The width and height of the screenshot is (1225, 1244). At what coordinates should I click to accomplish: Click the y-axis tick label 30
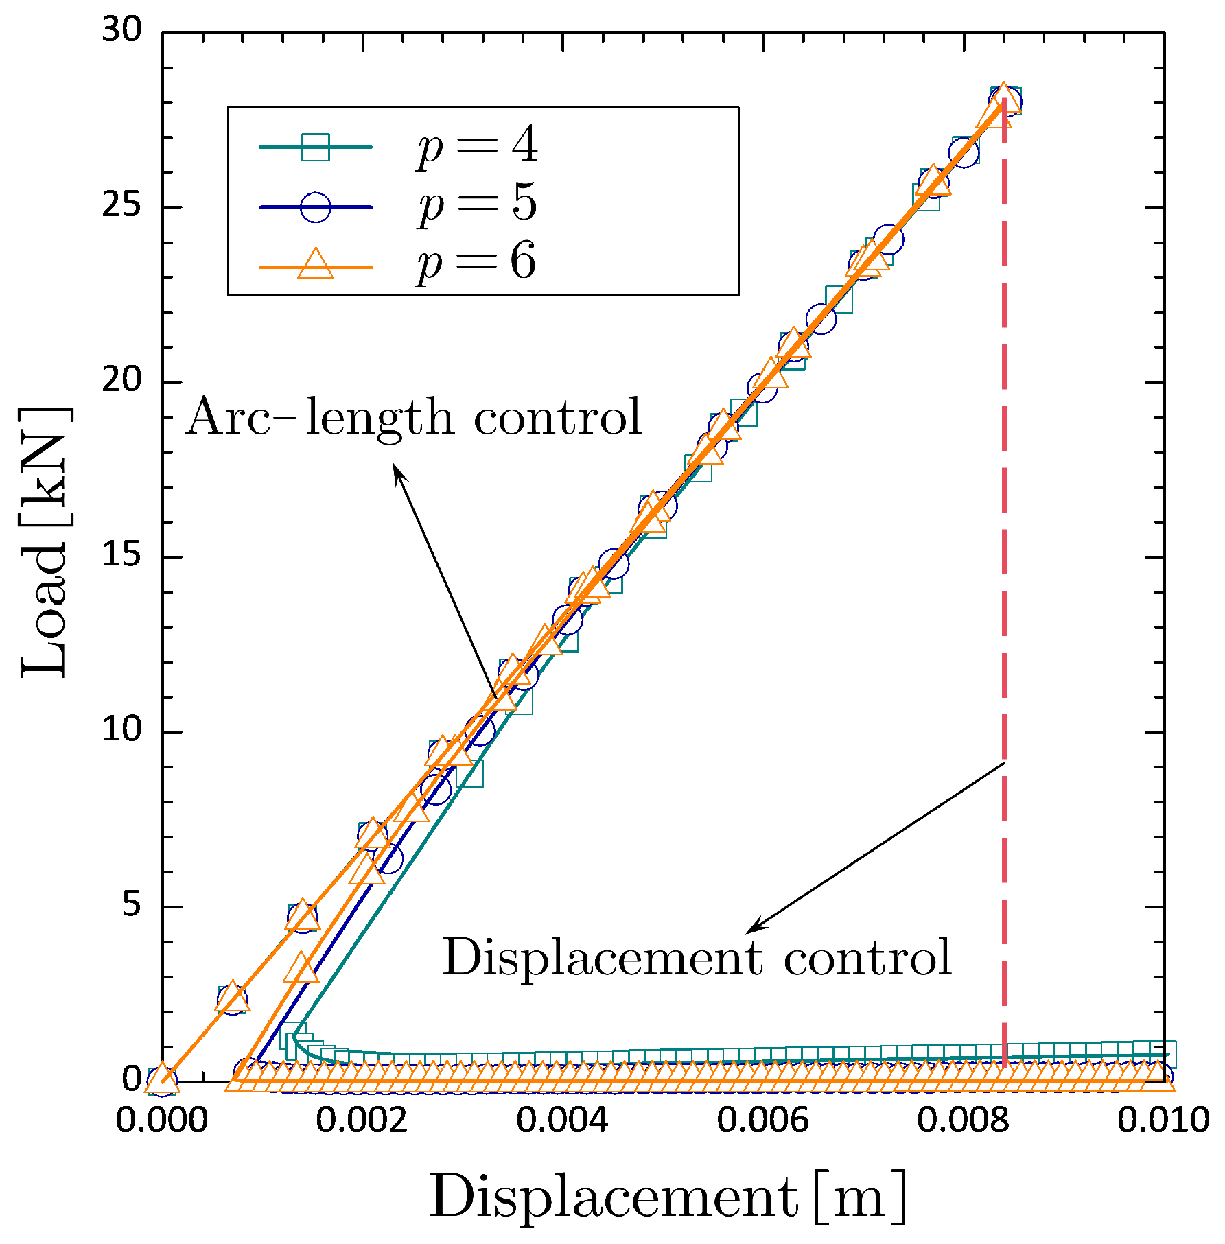121,31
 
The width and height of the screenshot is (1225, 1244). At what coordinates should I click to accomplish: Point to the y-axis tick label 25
121,206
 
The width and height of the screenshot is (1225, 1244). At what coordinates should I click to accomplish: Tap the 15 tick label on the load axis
121,556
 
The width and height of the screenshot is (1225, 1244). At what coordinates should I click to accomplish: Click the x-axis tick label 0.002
362,1121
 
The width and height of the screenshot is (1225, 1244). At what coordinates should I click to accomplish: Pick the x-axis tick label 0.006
762,1121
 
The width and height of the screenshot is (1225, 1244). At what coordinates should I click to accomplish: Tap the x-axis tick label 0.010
1163,1121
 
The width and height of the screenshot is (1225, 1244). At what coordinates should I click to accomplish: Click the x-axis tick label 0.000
161,1121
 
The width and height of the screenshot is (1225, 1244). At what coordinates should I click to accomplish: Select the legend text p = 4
477,146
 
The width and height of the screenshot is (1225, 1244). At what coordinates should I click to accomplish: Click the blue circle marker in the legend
316,207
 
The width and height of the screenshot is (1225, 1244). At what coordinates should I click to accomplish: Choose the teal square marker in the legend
316,147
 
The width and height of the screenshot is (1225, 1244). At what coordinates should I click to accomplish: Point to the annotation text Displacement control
696,957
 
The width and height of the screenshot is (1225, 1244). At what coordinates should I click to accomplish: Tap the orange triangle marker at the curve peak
1003,97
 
